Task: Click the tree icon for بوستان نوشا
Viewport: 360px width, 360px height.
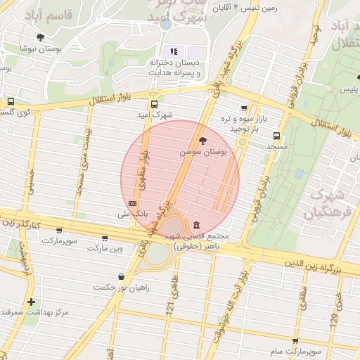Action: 40,37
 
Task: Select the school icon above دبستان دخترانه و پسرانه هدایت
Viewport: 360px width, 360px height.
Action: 173,51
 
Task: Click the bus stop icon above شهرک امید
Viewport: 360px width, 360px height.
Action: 154,104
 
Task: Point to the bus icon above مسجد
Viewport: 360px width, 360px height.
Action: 276,136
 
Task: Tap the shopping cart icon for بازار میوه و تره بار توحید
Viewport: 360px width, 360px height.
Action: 243,108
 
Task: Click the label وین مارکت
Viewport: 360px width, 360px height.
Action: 105,248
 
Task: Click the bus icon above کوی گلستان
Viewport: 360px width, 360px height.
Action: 10,101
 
